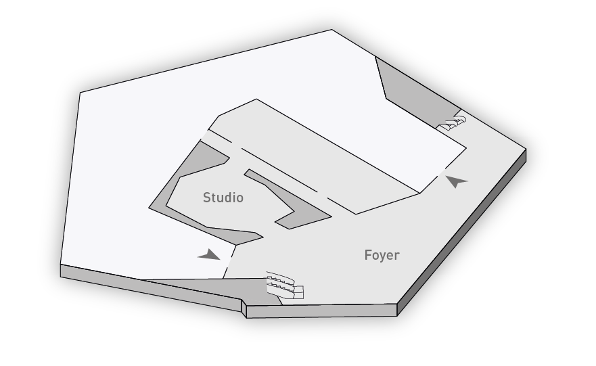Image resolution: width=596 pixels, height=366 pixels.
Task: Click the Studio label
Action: (223, 198)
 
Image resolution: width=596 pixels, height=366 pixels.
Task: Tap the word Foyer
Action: (382, 256)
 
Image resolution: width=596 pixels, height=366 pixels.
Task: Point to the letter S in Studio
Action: (207, 198)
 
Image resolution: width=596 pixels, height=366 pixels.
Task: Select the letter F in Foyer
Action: (367, 255)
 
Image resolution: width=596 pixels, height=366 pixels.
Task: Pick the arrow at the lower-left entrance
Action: (210, 255)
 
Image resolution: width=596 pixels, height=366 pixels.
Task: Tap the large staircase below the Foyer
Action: (284, 285)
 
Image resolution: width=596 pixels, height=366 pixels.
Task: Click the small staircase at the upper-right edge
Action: (451, 123)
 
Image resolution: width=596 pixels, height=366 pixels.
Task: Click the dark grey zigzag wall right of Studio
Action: (289, 200)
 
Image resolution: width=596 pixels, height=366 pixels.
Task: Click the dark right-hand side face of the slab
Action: (461, 232)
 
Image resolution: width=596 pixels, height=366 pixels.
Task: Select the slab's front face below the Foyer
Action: (321, 311)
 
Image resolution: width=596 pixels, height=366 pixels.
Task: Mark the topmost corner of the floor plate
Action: (331, 29)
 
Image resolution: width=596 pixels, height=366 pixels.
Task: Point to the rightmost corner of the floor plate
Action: (526, 149)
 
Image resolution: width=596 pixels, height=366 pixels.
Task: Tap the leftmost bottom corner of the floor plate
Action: (60, 276)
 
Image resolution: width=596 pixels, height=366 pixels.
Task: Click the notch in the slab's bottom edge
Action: (244, 306)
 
